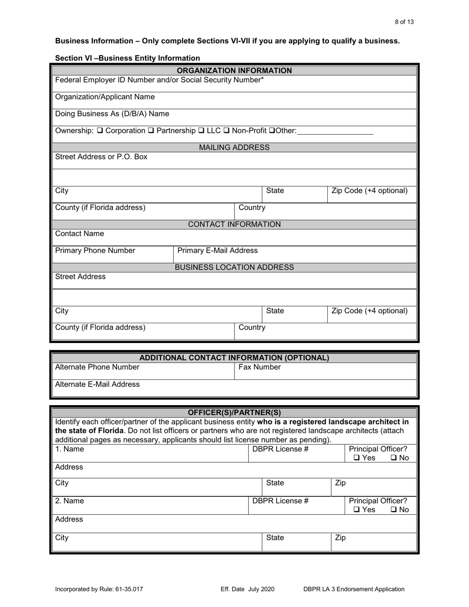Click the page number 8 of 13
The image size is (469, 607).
(x=404, y=22)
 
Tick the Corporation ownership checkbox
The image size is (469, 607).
(x=100, y=131)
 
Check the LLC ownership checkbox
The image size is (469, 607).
(x=201, y=131)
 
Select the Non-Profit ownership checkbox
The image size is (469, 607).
(x=228, y=131)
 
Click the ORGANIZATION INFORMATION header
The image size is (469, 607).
(x=234, y=71)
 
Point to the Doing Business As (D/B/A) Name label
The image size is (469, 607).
(x=112, y=114)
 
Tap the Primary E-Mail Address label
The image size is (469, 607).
(x=217, y=251)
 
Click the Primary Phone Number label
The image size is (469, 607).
(x=95, y=251)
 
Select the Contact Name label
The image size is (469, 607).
(x=79, y=233)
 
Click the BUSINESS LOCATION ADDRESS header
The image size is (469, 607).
(x=234, y=267)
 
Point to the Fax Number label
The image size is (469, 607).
(x=260, y=367)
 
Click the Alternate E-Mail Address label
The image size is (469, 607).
(x=97, y=384)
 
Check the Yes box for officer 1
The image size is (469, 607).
(x=357, y=458)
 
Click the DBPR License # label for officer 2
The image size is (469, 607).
(x=280, y=501)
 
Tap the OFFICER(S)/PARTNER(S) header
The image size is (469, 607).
(x=234, y=413)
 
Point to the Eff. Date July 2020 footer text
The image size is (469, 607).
(x=247, y=589)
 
